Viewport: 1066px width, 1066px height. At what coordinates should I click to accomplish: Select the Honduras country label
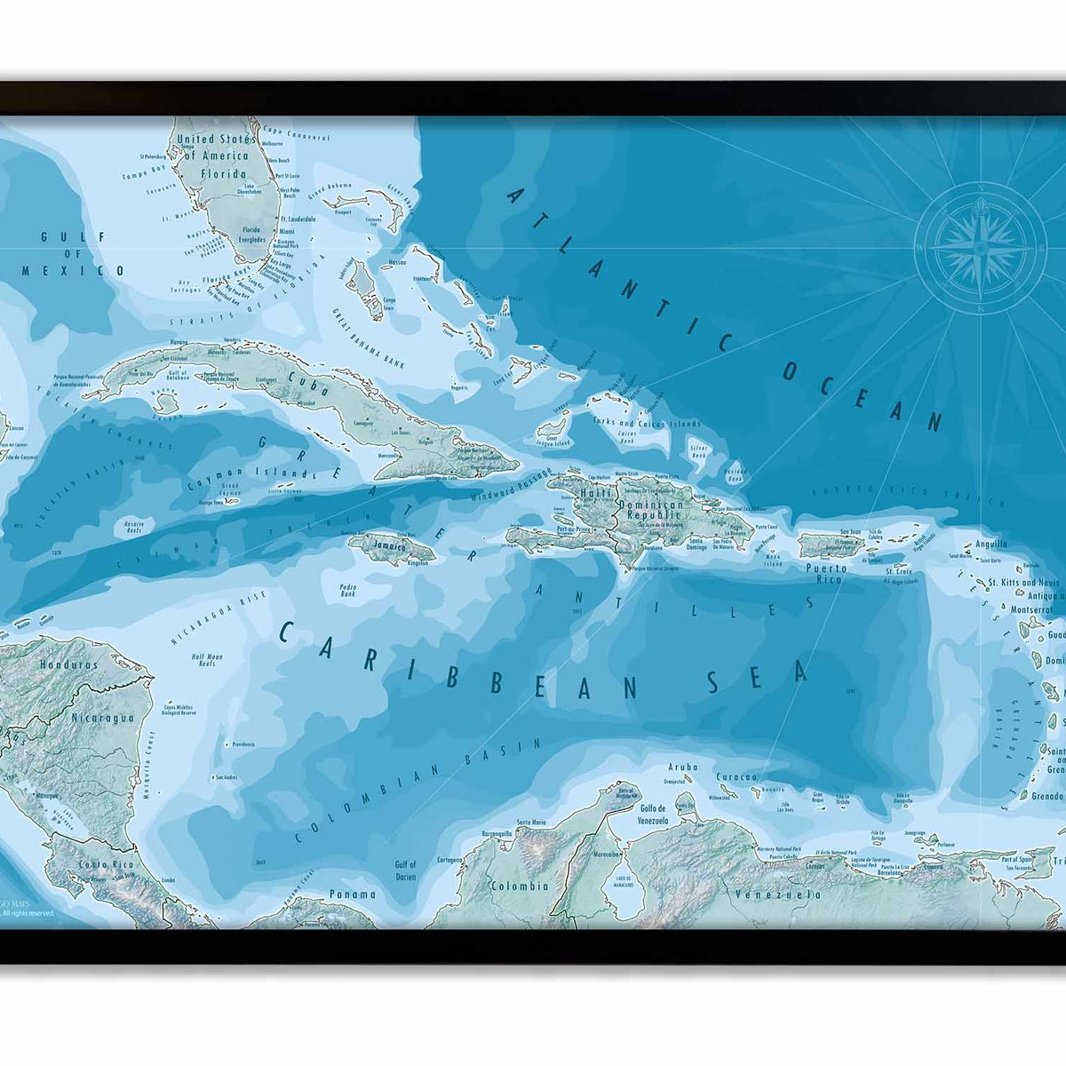pos(68,664)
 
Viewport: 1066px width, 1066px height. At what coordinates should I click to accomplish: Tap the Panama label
pos(352,894)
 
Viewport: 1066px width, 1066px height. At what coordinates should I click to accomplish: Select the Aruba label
pos(682,766)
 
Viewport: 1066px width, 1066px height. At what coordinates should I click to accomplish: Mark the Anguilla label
pos(990,544)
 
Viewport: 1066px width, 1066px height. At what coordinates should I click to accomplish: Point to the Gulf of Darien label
pos(405,870)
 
